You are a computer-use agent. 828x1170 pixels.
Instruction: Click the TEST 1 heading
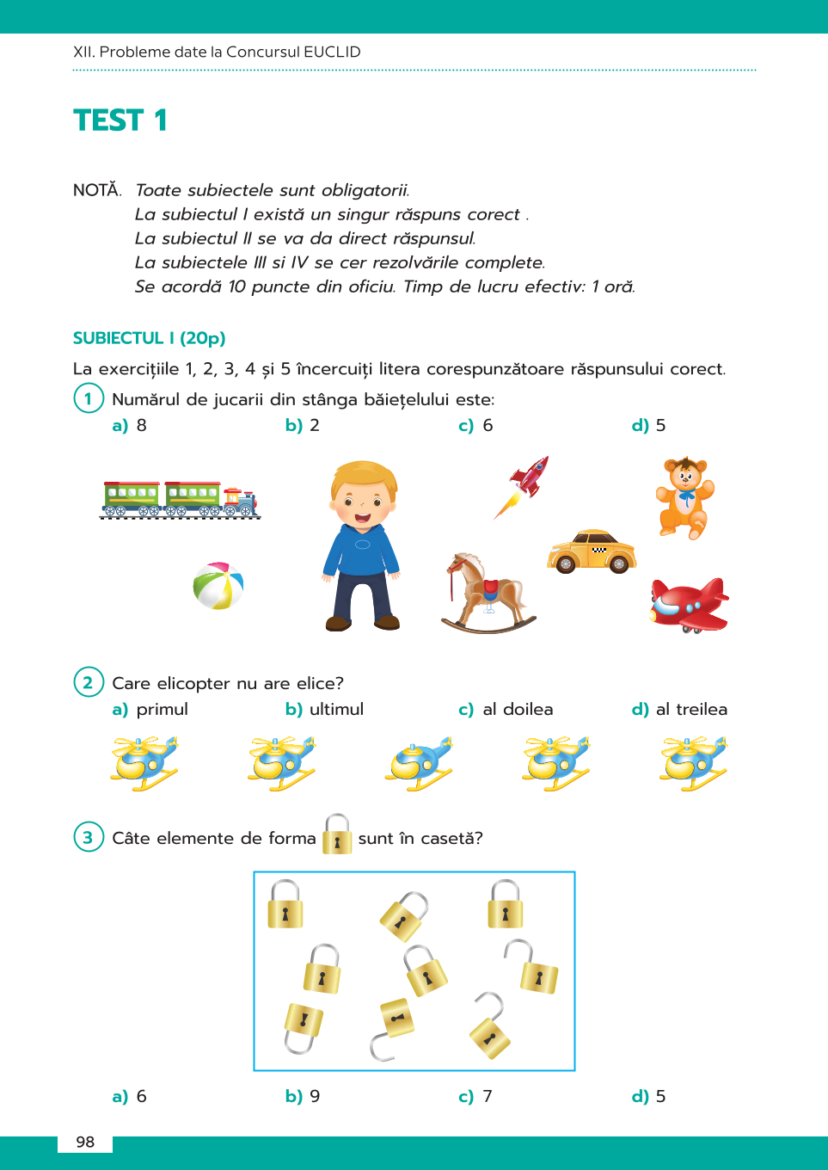[120, 120]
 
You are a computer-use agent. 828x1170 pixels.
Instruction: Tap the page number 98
[85, 1142]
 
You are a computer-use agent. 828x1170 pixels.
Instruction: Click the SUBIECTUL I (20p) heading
[149, 338]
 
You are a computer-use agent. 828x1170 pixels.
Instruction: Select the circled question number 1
[88, 398]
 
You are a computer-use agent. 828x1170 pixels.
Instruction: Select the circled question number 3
[88, 837]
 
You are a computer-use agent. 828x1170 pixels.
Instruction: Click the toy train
[180, 500]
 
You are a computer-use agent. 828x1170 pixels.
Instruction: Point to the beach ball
[218, 586]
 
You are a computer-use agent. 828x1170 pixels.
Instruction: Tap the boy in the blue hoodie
[362, 545]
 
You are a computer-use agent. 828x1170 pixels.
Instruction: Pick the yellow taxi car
[592, 551]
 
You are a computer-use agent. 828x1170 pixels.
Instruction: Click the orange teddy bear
[684, 497]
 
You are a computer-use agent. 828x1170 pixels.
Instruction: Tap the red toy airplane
[689, 604]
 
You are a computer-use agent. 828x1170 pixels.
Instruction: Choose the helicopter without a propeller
[419, 763]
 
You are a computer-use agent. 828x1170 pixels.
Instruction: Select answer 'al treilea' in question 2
[680, 709]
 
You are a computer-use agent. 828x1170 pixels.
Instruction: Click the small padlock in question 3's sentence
[337, 834]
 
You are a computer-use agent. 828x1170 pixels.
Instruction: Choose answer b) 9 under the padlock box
[303, 1096]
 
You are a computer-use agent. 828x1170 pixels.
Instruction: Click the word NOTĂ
[97, 190]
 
